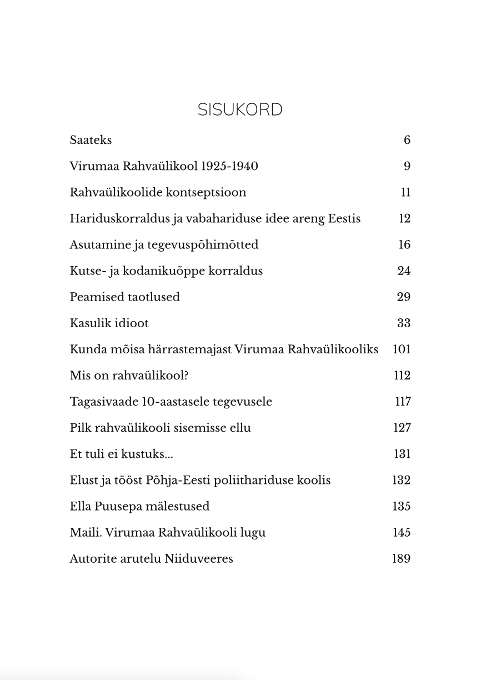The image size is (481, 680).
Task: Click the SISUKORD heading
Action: coord(240,110)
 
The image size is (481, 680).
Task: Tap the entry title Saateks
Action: coord(91,140)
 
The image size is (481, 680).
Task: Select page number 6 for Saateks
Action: coord(407,140)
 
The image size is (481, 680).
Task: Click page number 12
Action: coord(404,218)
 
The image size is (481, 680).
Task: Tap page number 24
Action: coord(404,271)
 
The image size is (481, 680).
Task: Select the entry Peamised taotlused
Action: coord(124,297)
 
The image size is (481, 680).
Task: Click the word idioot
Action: coord(131,323)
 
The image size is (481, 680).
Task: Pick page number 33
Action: coord(403,323)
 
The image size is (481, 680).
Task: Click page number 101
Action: coord(401,349)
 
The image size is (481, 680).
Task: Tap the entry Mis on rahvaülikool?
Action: coord(129,376)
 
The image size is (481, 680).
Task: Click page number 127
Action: coord(402,428)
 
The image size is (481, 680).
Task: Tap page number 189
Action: coord(401,558)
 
